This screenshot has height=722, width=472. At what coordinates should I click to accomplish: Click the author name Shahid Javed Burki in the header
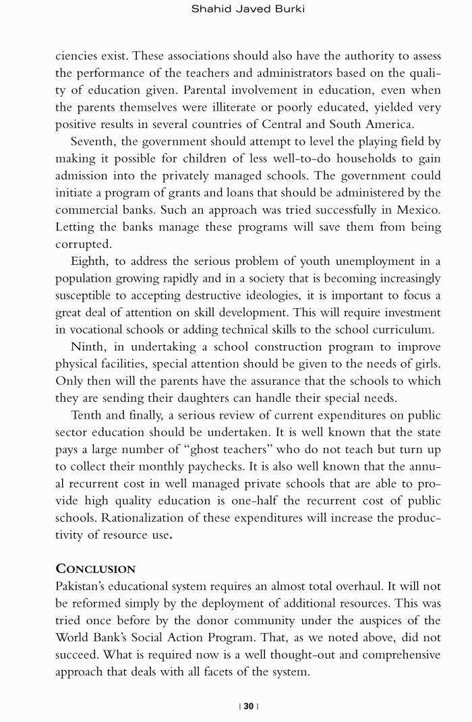[248, 9]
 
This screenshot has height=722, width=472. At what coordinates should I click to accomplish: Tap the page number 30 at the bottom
[249, 706]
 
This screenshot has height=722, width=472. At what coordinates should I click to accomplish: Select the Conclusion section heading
[95, 568]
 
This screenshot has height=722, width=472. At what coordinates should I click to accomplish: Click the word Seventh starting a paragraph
[94, 142]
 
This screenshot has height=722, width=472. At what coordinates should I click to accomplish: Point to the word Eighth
[90, 262]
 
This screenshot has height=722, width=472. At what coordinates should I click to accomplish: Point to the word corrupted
[84, 244]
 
